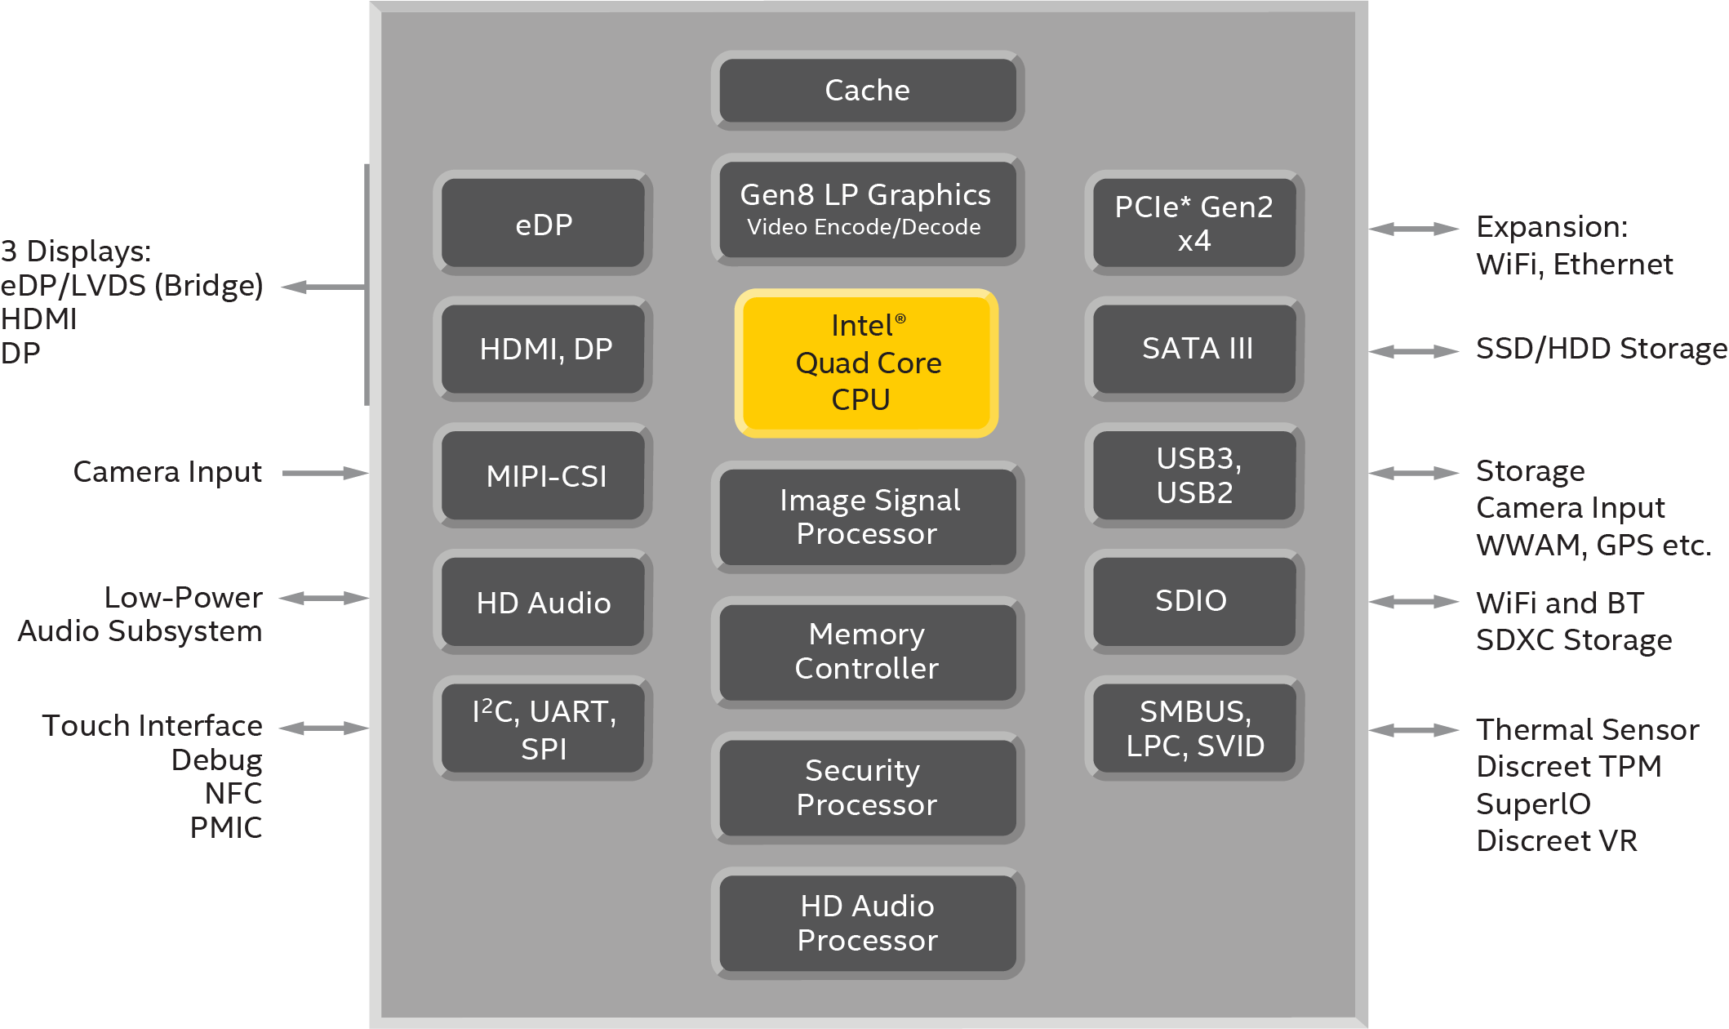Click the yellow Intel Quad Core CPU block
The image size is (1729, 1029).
click(x=866, y=363)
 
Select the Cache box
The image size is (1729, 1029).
click(x=867, y=90)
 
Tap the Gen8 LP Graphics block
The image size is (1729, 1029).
click(x=867, y=208)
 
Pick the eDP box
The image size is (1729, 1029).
click(x=543, y=223)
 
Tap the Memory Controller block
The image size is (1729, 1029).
click(x=867, y=652)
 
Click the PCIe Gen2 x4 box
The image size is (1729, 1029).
click(x=1194, y=223)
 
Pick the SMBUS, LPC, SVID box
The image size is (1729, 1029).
click(x=1194, y=728)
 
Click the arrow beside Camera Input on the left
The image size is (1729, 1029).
click(x=325, y=473)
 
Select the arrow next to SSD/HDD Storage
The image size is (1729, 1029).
click(x=1413, y=351)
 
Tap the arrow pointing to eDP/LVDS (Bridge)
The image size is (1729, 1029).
click(x=322, y=287)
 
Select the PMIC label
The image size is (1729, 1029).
click(x=226, y=828)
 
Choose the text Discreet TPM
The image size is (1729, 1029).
click(x=1568, y=767)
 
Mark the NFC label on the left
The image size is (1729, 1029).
click(x=233, y=794)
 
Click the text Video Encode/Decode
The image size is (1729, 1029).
click(x=864, y=228)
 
